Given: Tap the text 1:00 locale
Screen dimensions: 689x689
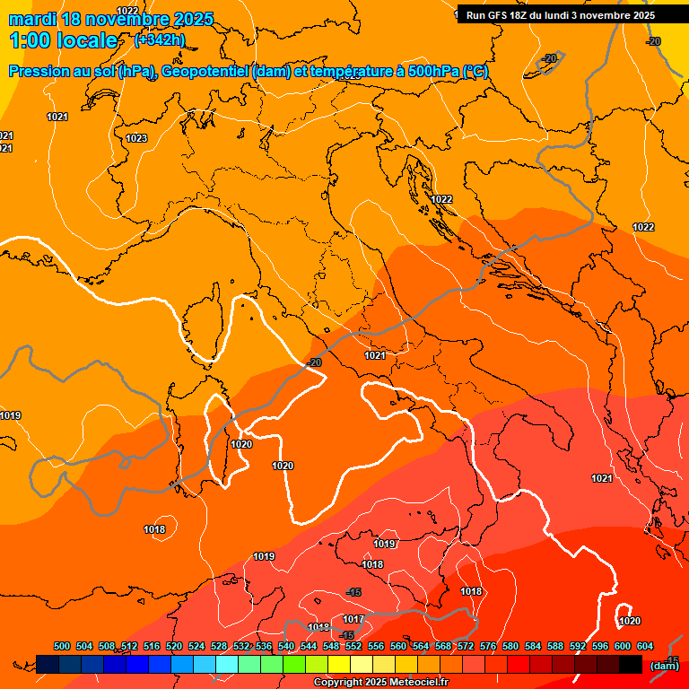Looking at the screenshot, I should (x=64, y=40).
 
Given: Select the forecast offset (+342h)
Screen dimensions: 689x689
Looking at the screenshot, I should (x=160, y=40).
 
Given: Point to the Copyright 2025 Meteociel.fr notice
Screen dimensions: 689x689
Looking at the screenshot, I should (x=380, y=683).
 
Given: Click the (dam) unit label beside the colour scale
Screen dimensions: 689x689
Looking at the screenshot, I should (x=664, y=666).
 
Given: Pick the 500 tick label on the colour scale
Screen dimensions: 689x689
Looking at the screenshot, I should (x=62, y=647).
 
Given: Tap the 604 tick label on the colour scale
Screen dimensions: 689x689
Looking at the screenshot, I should (x=645, y=647).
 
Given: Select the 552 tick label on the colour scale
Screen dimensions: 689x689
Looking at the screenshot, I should (x=353, y=647).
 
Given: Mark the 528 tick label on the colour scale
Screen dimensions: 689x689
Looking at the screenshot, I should (x=219, y=647).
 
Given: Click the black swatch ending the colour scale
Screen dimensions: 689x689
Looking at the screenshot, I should (x=631, y=664).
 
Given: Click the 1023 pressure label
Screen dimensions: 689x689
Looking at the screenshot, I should (x=136, y=138).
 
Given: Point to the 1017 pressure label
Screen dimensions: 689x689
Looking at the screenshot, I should (x=353, y=620).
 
